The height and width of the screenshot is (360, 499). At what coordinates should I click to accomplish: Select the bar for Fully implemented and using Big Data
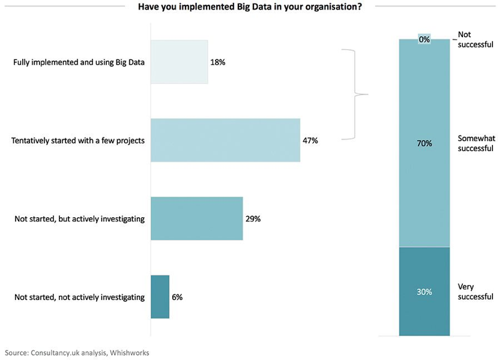coord(179,62)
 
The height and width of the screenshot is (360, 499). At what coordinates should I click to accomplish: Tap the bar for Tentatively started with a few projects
coord(225,140)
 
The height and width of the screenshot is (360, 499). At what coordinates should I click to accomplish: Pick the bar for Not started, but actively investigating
coord(196,218)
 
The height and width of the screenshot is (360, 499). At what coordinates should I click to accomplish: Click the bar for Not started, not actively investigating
coord(160,296)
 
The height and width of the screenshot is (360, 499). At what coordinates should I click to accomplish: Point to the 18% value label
coord(217,62)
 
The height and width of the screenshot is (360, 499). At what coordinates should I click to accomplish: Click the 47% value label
coord(310,140)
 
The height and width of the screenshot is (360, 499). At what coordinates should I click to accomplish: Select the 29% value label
coord(253,218)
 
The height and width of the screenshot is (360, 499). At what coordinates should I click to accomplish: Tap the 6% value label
coord(177,296)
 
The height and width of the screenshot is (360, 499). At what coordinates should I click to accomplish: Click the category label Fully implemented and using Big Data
coord(79,62)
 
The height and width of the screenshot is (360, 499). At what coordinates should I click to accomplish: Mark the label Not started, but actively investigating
coord(79,218)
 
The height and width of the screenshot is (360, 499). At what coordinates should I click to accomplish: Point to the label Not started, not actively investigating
coord(79,296)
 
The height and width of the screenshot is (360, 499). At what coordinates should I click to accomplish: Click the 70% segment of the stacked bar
coord(425,143)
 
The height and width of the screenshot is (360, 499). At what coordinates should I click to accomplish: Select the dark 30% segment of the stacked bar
coord(425,292)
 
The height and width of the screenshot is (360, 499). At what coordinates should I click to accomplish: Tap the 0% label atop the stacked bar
coord(425,40)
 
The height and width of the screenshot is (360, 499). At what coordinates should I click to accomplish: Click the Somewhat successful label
coord(475,143)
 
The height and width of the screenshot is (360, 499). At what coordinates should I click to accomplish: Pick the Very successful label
coord(475,292)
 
